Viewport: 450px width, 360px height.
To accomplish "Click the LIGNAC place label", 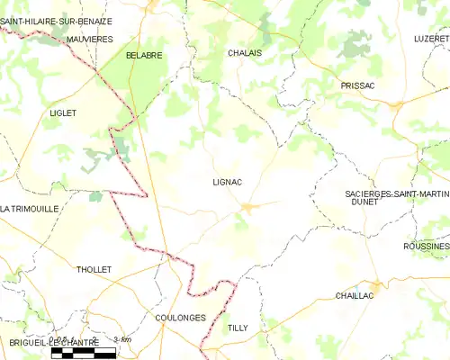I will tap(227, 181).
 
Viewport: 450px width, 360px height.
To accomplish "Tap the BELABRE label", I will tap(144, 55).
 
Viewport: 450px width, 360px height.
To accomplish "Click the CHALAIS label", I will tap(245, 53).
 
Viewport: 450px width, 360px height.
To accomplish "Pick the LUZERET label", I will tap(430, 39).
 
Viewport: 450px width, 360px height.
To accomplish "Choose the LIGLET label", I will tap(63, 113).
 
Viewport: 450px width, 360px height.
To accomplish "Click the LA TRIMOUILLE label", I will tap(30, 208).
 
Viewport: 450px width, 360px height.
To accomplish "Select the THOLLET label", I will tap(94, 269).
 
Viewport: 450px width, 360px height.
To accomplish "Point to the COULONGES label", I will tap(180, 318).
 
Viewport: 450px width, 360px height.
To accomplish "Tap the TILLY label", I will tap(238, 328).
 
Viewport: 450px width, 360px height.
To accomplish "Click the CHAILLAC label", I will tap(355, 295).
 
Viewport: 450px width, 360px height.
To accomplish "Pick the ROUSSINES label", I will tap(427, 246).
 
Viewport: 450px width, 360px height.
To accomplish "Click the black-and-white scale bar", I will tap(84, 352).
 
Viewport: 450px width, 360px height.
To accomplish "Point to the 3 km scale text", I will tap(122, 339).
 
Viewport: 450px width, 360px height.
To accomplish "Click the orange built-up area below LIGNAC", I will tap(248, 208).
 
